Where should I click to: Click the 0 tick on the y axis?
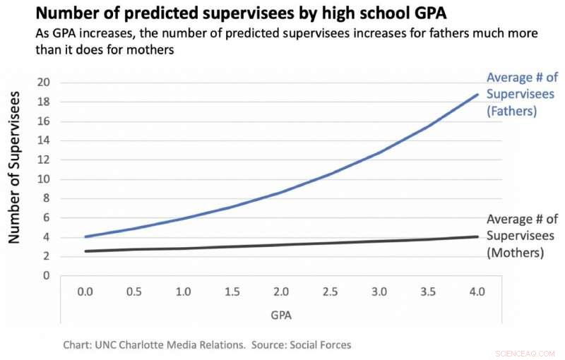pos(47,275)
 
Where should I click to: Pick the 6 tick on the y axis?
pos(47,217)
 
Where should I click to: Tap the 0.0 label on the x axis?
pos(85,292)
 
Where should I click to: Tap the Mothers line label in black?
pos(521,235)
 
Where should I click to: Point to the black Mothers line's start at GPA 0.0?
pos(85,251)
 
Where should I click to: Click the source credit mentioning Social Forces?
pos(207,345)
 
